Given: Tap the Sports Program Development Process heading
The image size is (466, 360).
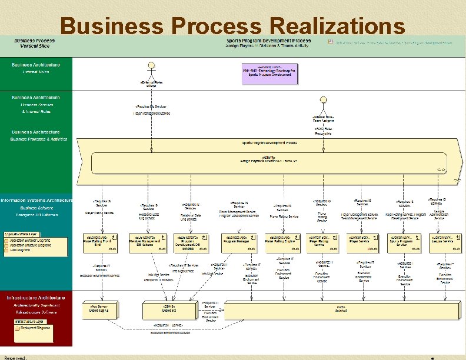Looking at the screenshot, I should pos(268,41).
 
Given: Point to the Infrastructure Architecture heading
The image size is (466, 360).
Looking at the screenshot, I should pos(36,297).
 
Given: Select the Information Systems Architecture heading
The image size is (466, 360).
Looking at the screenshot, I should pos(36,200).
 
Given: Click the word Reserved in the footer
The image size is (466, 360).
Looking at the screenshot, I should pos(15,357).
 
